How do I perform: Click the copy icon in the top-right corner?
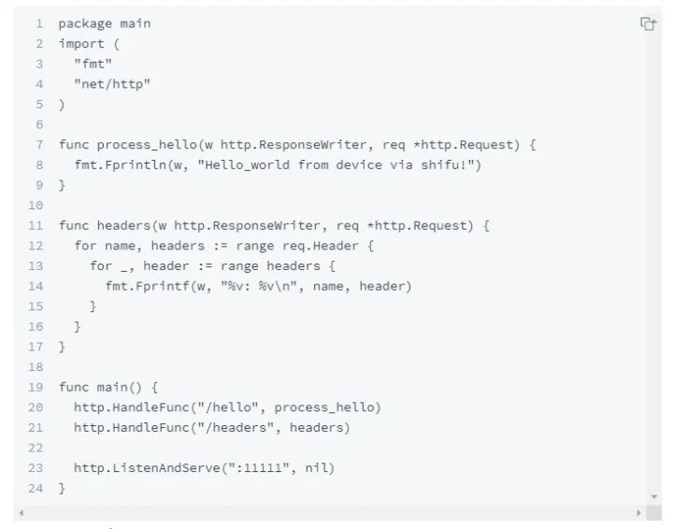(648, 23)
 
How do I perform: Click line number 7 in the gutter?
(39, 145)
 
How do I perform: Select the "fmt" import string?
(93, 64)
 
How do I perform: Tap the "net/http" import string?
(112, 84)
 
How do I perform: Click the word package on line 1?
(85, 24)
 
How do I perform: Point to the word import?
(81, 44)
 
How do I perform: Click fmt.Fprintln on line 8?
(121, 165)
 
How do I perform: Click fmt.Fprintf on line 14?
(148, 286)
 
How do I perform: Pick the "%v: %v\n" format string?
(259, 286)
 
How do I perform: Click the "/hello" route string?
(228, 407)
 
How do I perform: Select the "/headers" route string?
(236, 428)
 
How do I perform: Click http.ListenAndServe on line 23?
(148, 467)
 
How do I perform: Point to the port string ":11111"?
(258, 467)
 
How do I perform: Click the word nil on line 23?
(316, 467)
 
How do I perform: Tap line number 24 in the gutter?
(36, 488)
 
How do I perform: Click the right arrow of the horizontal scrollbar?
(638, 513)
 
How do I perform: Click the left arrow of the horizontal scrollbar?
(21, 513)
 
